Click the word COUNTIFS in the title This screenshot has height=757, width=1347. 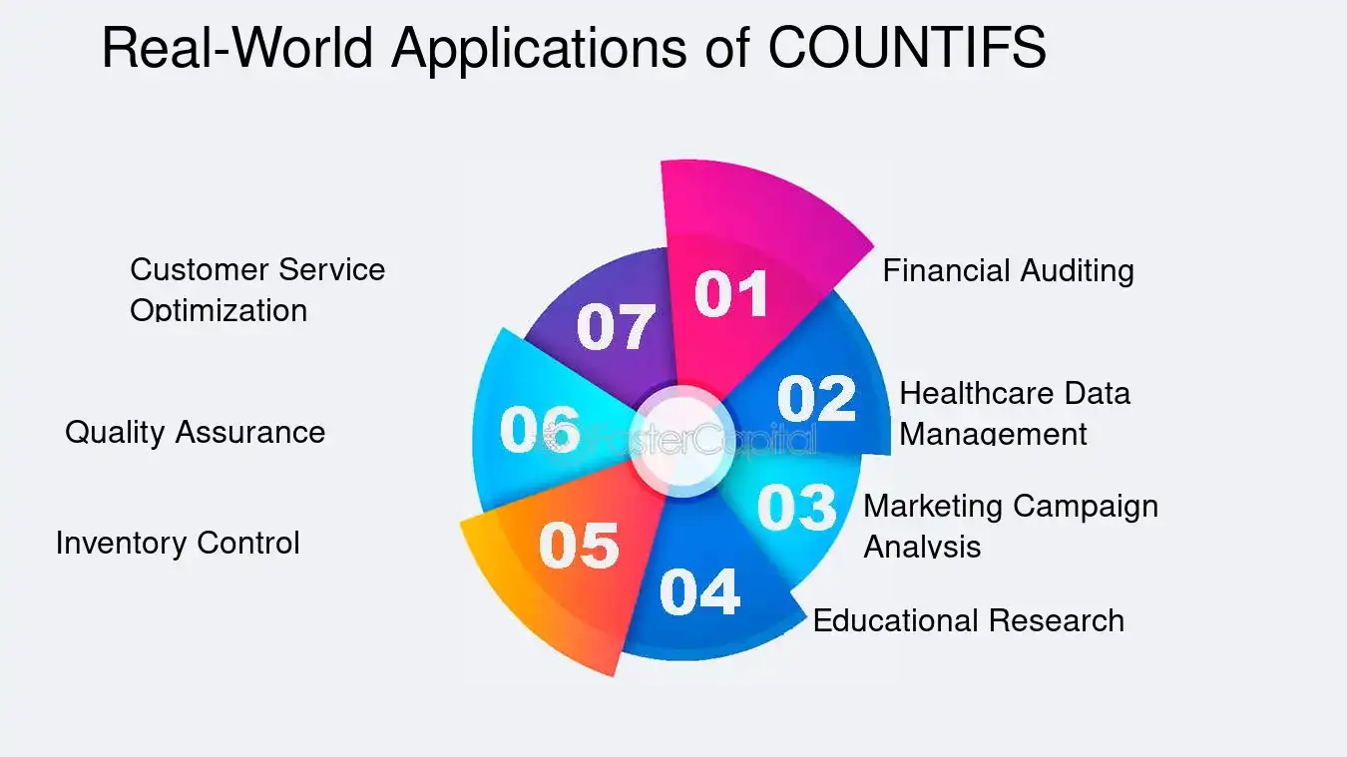(906, 47)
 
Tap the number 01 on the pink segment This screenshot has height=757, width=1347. (731, 294)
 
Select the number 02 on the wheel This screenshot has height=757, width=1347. (816, 398)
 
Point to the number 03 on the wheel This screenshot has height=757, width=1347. (796, 507)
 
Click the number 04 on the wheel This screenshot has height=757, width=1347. (699, 591)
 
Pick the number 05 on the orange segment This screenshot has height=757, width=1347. (579, 546)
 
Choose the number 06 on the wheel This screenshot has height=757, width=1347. (540, 431)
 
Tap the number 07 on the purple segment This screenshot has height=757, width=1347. (616, 326)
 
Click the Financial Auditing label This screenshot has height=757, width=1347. (1008, 270)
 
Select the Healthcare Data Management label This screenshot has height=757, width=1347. (1014, 413)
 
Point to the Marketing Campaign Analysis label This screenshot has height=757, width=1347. (1010, 526)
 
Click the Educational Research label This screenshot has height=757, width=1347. (968, 620)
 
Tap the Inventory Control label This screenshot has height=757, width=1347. (178, 543)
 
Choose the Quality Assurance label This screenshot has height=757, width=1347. (195, 432)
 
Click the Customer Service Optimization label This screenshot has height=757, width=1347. (256, 289)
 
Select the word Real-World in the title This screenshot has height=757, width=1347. (237, 47)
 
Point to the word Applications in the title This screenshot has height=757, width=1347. (539, 47)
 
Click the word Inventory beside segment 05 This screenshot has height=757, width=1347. (121, 543)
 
